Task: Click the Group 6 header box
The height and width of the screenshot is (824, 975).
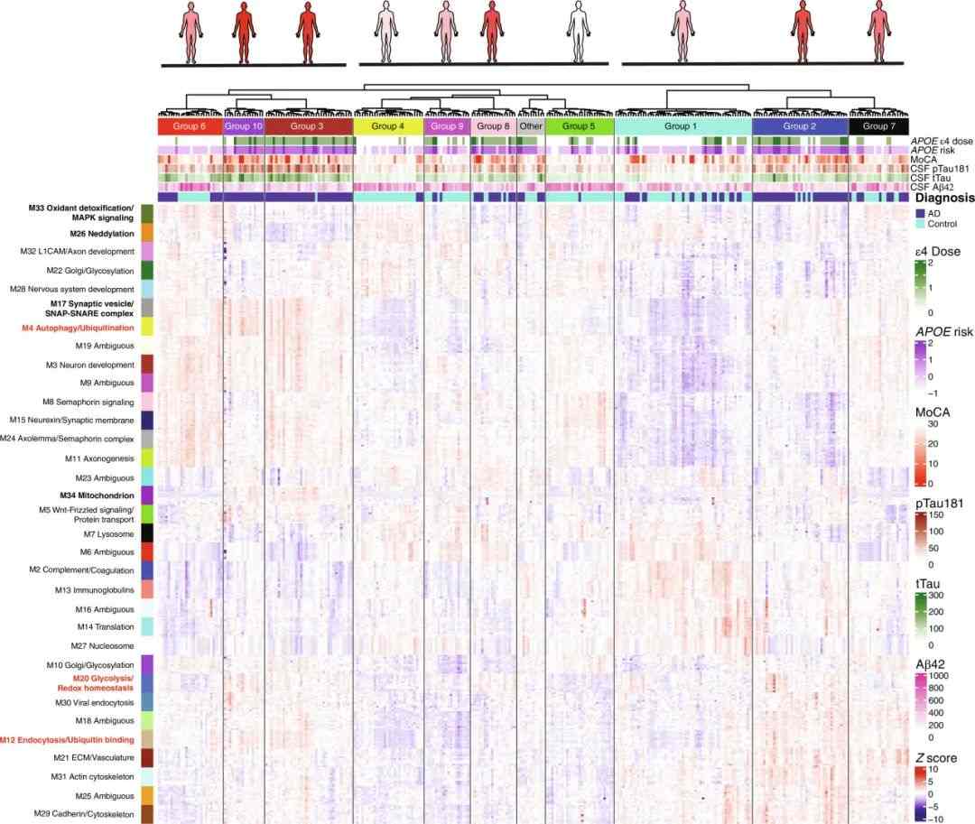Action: tap(190, 126)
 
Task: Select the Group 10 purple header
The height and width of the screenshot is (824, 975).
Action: tap(243, 126)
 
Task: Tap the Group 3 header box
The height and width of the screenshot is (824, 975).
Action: tap(308, 126)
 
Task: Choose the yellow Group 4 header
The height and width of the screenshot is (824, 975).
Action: tap(388, 126)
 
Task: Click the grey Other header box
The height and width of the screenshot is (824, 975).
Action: tap(531, 126)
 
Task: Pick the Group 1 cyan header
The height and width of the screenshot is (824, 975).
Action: tap(682, 126)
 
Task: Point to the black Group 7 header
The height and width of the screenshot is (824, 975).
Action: tap(878, 126)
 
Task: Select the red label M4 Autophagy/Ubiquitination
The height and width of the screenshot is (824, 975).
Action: tap(78, 328)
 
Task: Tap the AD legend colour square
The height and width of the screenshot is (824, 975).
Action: tap(920, 212)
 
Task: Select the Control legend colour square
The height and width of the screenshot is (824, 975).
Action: tap(920, 224)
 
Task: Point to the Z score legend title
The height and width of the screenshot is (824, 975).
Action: tap(935, 758)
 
